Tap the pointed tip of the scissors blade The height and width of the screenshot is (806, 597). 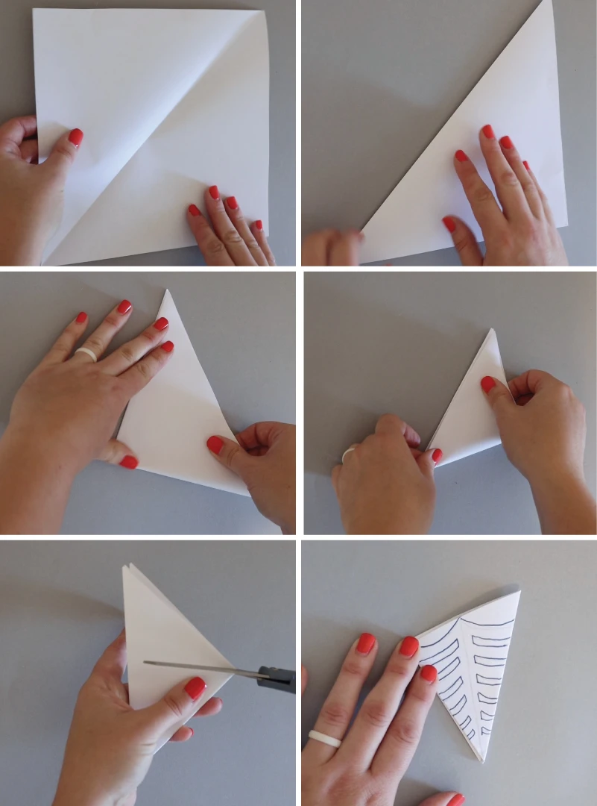[x=145, y=662]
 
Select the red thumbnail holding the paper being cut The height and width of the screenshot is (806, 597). [x=195, y=687]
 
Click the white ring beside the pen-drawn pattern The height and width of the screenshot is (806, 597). [x=324, y=738]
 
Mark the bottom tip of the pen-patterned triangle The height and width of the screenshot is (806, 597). [x=483, y=760]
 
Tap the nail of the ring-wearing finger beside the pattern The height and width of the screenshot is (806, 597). [x=365, y=643]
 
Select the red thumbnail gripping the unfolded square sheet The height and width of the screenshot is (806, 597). [x=75, y=137]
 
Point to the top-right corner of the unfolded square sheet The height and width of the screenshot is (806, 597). [x=264, y=11]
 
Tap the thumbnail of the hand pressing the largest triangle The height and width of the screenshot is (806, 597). [x=449, y=224]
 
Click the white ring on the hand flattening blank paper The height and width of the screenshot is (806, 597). [x=86, y=354]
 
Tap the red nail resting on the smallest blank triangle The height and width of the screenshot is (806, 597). [x=488, y=384]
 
